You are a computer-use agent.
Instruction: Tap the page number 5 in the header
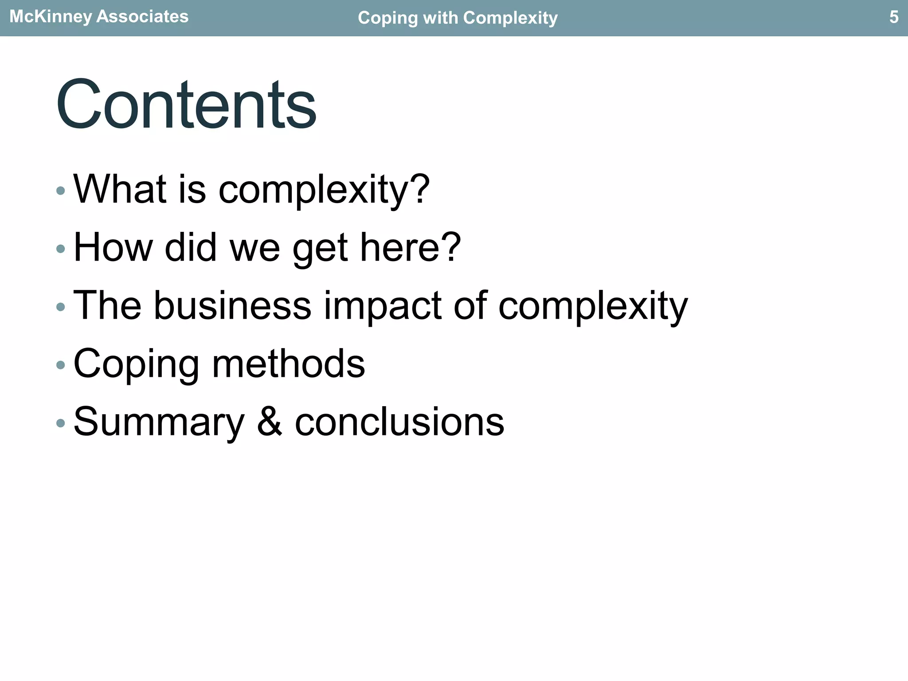894,17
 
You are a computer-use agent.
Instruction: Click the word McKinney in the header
51,17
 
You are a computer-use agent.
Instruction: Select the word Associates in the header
142,17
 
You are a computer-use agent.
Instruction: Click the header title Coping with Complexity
458,18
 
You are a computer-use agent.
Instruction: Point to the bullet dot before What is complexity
61,191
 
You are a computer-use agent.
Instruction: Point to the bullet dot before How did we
61,249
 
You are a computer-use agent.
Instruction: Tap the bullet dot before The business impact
61,307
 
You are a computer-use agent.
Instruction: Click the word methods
289,363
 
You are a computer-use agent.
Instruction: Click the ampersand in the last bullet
270,421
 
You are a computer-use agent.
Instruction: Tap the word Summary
159,422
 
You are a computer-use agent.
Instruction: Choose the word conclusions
399,421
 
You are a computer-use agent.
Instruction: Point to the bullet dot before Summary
61,423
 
